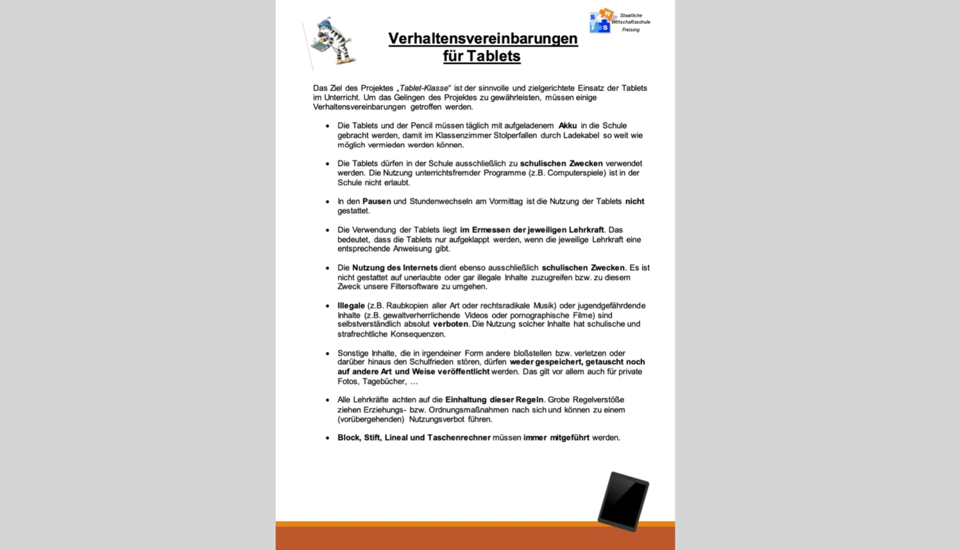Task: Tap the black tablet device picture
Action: click(x=623, y=501)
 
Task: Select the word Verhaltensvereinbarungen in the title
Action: click(x=483, y=39)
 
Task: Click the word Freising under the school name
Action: click(x=631, y=30)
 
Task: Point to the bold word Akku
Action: click(x=567, y=125)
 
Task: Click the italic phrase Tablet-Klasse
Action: click(x=424, y=88)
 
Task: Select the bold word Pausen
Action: click(x=376, y=201)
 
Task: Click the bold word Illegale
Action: click(x=351, y=306)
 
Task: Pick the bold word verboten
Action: click(x=450, y=324)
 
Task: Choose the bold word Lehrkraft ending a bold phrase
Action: click(x=586, y=230)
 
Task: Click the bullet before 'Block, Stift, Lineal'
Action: click(x=328, y=438)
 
